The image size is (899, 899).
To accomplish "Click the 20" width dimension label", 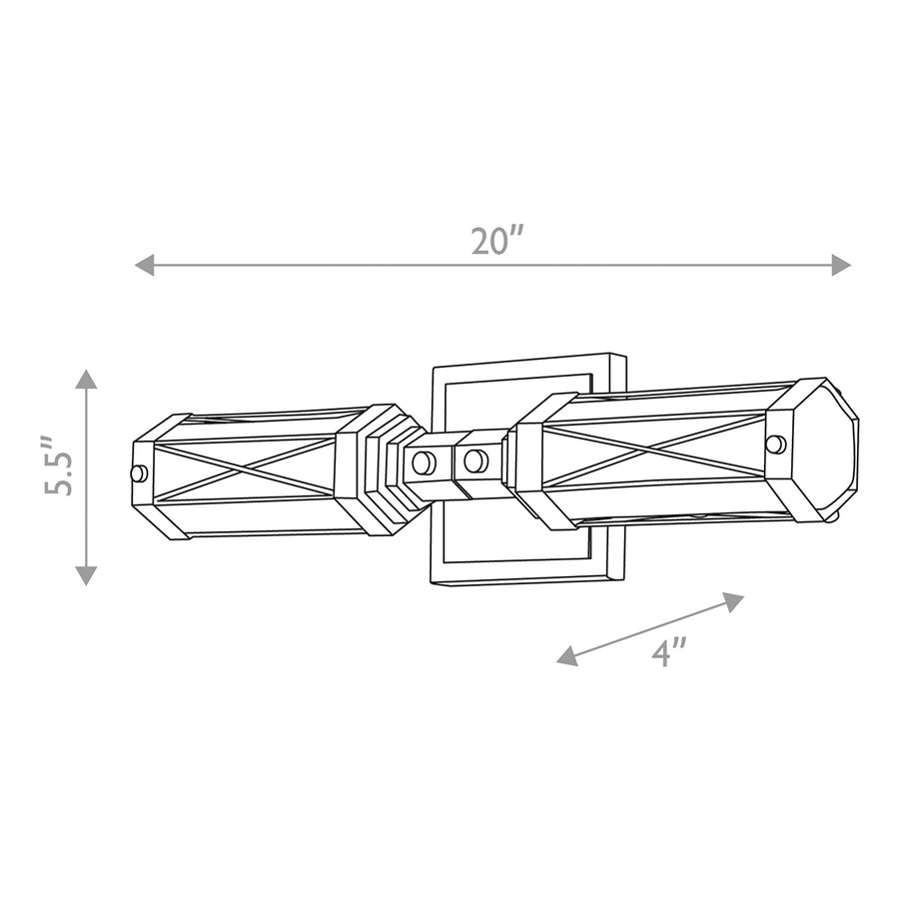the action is (x=497, y=241).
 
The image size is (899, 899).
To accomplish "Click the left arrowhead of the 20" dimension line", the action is (x=144, y=265).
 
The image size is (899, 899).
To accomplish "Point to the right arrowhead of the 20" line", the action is (x=841, y=265).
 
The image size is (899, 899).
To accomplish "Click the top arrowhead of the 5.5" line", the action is (x=86, y=379).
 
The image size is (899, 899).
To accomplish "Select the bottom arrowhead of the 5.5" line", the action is (x=86, y=575).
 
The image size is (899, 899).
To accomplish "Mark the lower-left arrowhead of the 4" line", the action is (x=567, y=656).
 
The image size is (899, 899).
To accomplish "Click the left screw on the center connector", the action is (x=424, y=462).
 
